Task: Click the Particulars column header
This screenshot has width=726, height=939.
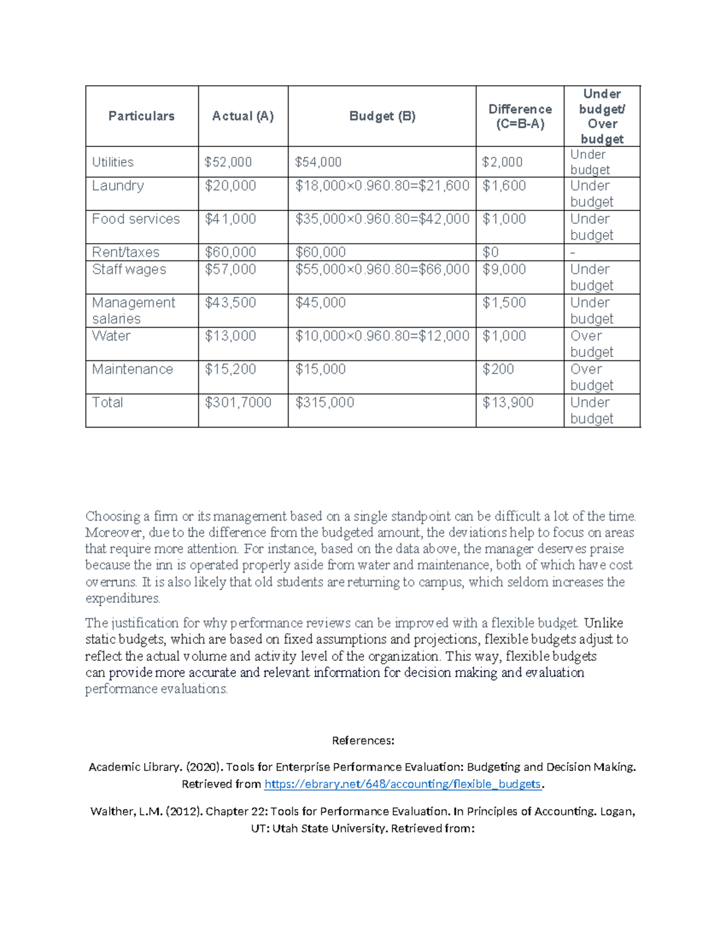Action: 142,116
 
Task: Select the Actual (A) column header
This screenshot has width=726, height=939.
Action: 243,116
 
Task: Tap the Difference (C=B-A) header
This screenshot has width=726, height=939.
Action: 520,116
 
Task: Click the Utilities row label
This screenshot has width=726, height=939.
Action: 113,162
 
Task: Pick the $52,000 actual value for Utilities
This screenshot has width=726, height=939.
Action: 228,162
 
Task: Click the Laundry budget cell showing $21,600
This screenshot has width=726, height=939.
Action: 382,186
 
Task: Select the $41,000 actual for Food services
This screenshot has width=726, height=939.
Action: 230,219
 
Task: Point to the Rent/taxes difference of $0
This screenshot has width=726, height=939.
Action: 491,252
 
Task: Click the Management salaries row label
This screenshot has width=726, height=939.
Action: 133,310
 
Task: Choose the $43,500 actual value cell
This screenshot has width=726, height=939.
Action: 230,303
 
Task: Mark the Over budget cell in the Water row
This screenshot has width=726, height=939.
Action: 592,344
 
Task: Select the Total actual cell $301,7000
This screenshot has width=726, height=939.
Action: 238,403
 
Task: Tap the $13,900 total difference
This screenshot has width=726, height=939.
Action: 508,403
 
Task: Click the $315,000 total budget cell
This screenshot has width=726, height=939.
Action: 324,403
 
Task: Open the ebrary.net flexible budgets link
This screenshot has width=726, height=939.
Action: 403,784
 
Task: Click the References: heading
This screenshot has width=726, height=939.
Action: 363,741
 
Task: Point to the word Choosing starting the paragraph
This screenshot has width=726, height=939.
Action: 113,516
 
